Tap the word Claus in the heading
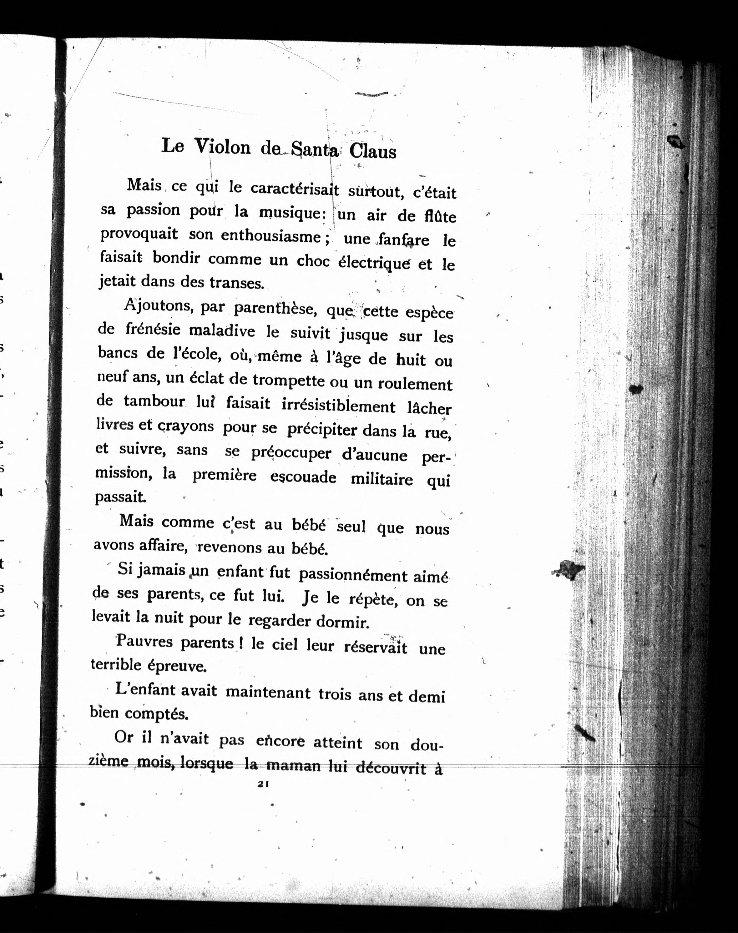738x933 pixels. (372, 152)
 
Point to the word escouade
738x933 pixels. (303, 477)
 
